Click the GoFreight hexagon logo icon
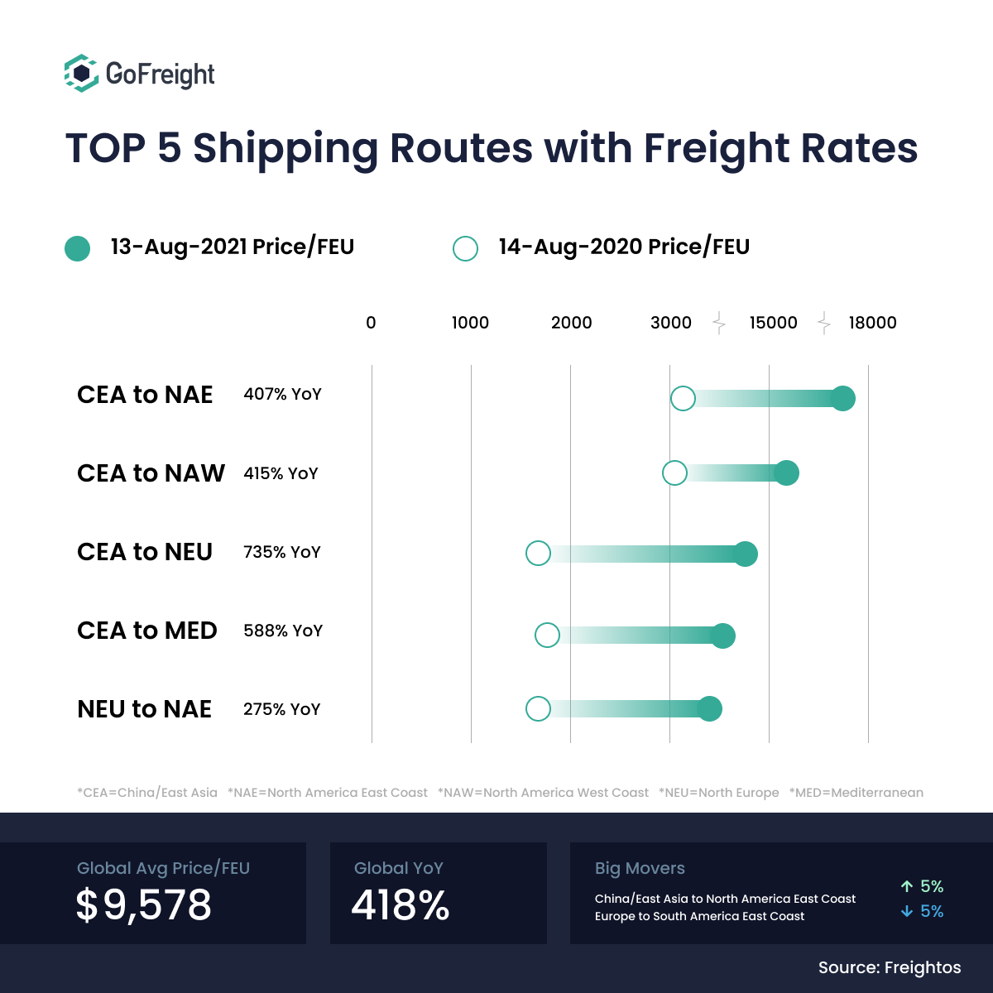pyautogui.click(x=81, y=73)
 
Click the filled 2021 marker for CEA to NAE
pyautogui.click(x=842, y=398)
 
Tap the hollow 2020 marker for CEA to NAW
pyautogui.click(x=674, y=473)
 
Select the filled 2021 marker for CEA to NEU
pyautogui.click(x=745, y=554)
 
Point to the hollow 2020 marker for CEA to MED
pyautogui.click(x=547, y=636)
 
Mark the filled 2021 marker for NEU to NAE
pyautogui.click(x=709, y=708)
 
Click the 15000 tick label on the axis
pyautogui.click(x=773, y=323)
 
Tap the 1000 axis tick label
pyautogui.click(x=470, y=323)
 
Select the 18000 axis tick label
pyautogui.click(x=872, y=323)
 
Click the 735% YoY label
pyautogui.click(x=281, y=552)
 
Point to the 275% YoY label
pyautogui.click(x=281, y=709)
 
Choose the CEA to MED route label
pyautogui.click(x=146, y=631)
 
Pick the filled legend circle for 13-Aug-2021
pyautogui.click(x=77, y=248)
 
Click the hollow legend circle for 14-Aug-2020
pyautogui.click(x=465, y=248)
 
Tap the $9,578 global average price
pyautogui.click(x=144, y=904)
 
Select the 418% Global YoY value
pyautogui.click(x=401, y=904)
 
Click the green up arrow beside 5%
pyautogui.click(x=907, y=886)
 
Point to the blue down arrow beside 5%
pyautogui.click(x=907, y=911)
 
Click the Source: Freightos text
pyautogui.click(x=890, y=967)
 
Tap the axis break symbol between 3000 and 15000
pyautogui.click(x=719, y=323)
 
